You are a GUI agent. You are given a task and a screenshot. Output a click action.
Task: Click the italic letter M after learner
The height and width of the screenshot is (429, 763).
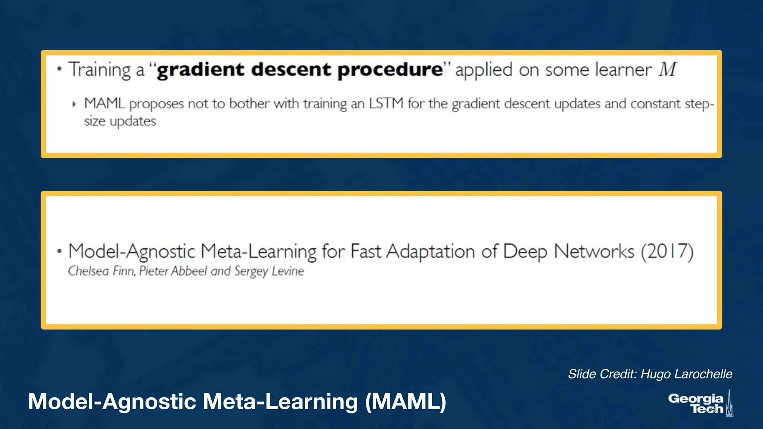(x=667, y=70)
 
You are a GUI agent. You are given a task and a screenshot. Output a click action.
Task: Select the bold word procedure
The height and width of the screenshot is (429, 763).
(x=390, y=70)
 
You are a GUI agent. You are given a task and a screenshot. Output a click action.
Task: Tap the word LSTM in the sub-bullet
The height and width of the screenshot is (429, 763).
(x=386, y=103)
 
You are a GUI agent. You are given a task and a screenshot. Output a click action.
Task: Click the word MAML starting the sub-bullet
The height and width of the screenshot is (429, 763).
(x=104, y=103)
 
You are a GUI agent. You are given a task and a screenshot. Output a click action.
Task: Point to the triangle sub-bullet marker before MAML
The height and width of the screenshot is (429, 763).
(x=74, y=104)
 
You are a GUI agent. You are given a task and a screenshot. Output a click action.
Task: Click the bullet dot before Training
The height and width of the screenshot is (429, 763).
(x=59, y=69)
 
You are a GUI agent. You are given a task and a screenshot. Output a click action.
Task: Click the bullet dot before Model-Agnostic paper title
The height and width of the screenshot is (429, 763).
(x=59, y=251)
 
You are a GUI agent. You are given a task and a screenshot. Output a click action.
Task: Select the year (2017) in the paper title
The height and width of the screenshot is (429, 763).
(x=667, y=251)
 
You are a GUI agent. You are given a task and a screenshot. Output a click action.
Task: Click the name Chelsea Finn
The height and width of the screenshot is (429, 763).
(x=101, y=271)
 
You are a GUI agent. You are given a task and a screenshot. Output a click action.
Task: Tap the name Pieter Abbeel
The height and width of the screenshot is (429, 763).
(x=173, y=271)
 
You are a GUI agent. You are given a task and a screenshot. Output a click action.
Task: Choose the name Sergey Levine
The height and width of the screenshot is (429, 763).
(x=269, y=271)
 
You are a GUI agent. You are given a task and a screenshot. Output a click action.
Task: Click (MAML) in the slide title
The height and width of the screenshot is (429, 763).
(x=405, y=402)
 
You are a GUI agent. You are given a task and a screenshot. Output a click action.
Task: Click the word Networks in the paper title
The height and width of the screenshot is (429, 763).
(x=594, y=251)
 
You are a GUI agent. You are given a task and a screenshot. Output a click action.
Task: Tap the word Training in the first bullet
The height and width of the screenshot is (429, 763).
(x=99, y=70)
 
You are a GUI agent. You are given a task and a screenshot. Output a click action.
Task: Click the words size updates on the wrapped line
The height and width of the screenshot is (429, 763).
(x=120, y=121)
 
